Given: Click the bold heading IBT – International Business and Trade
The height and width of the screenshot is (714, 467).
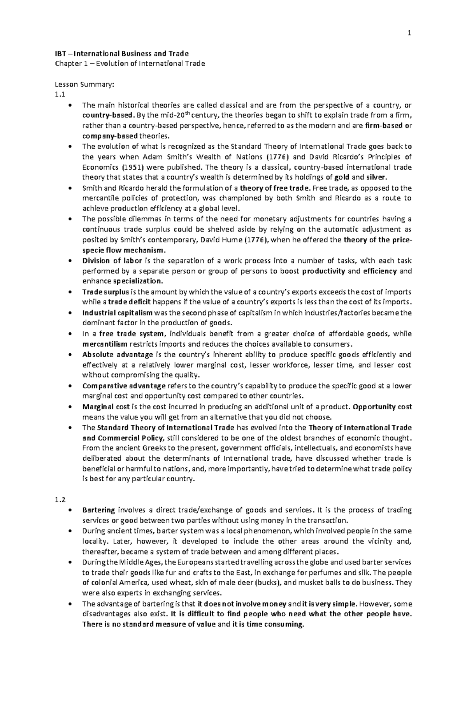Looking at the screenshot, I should (121, 54).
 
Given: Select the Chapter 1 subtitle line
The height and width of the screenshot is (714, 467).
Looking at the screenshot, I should (129, 64).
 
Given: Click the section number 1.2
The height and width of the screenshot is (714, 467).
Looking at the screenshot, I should (60, 500).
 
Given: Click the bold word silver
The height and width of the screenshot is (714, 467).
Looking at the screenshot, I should (377, 177).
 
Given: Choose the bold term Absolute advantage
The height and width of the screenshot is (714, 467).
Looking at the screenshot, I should (118, 354).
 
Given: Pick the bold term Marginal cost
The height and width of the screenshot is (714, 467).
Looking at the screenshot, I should (104, 407).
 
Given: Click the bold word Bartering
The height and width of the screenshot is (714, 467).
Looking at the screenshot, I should (98, 510).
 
